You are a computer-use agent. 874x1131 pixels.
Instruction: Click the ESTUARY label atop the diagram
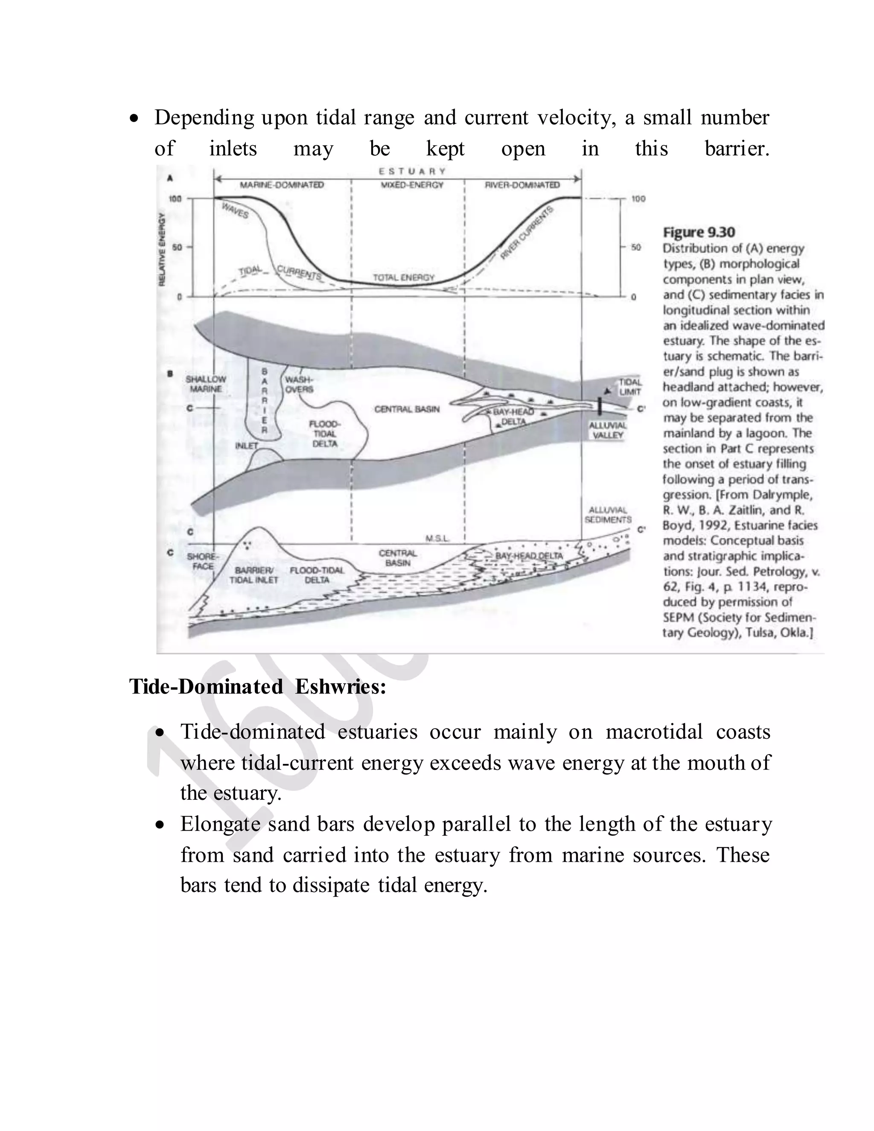pos(412,172)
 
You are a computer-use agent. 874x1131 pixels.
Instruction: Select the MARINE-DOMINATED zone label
pos(282,185)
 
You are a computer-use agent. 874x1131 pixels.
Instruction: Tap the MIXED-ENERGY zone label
pos(412,185)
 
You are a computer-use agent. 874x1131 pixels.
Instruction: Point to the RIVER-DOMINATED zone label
pos(522,185)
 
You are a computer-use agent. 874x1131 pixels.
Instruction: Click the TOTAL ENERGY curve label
pos(404,277)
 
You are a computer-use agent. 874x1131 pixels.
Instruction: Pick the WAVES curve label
pos(235,211)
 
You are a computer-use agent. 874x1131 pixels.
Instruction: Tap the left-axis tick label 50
pos(177,248)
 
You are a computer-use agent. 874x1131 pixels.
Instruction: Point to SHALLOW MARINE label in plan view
pos(206,384)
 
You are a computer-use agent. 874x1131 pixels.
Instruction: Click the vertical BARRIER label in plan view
pos(265,400)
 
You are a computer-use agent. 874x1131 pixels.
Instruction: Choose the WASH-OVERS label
pos(299,384)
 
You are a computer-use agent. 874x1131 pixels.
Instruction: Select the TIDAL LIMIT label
pos(630,386)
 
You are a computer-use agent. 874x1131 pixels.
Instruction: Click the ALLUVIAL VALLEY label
pos(608,430)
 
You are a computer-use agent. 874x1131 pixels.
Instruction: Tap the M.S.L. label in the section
pos(437,539)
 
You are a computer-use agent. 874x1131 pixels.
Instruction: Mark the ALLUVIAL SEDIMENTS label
pos(608,515)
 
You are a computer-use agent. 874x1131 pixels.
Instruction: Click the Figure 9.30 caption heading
pos(699,232)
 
